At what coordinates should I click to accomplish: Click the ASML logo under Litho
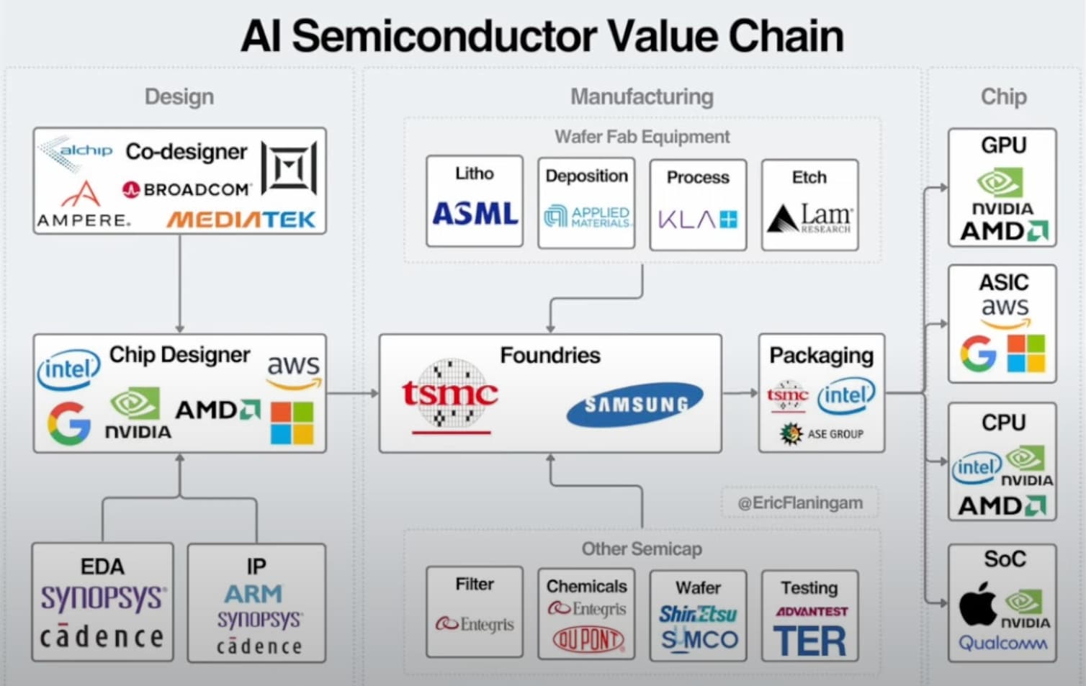(x=475, y=214)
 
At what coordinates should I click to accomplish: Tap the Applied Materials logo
(x=588, y=217)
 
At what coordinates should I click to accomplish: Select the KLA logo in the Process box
(x=698, y=220)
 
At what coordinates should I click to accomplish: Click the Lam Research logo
(x=810, y=219)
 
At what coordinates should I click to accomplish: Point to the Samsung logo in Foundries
(x=635, y=405)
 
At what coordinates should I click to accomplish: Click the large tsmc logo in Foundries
(x=450, y=396)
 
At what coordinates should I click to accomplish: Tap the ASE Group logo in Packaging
(x=821, y=433)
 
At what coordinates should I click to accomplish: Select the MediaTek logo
(x=241, y=220)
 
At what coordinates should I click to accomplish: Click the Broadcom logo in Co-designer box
(x=187, y=189)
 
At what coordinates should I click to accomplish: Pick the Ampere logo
(x=83, y=204)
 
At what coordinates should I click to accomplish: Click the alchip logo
(x=75, y=152)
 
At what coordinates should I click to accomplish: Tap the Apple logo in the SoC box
(x=977, y=604)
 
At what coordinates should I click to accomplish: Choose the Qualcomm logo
(x=1002, y=643)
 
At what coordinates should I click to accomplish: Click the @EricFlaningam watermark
(x=800, y=503)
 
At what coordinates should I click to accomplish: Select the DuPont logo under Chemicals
(x=588, y=639)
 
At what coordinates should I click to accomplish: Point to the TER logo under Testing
(x=809, y=641)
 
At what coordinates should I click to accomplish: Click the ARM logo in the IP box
(x=253, y=594)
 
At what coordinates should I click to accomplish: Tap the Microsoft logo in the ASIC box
(x=1026, y=353)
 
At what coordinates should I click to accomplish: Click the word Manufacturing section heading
(x=642, y=96)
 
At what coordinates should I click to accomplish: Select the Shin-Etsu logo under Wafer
(x=698, y=613)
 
